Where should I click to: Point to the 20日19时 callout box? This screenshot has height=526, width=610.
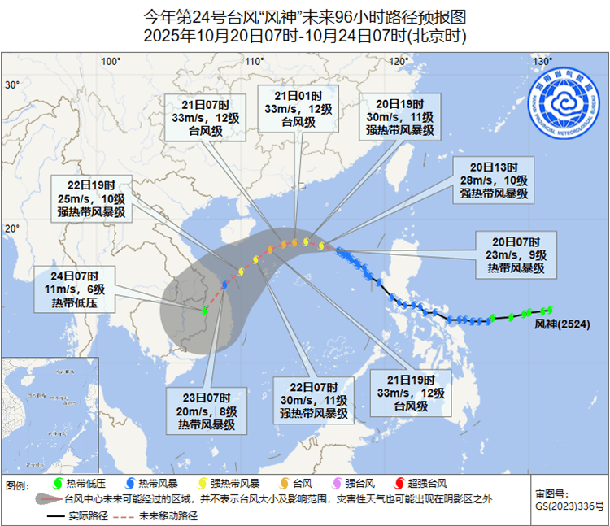400,117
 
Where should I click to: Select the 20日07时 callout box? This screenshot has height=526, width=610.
516,254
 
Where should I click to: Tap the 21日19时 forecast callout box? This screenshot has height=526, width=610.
411,393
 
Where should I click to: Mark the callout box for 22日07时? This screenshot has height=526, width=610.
313,400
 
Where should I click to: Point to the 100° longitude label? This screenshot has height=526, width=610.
111,62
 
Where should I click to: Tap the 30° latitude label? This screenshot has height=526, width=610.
12,85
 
